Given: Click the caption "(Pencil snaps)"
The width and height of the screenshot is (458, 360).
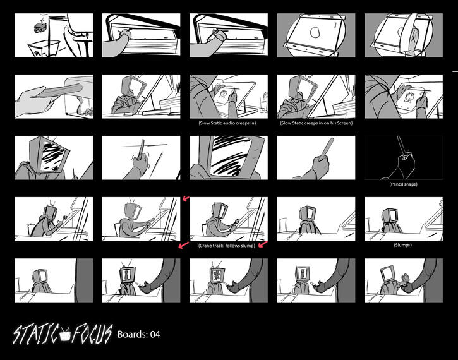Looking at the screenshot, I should point(403,184).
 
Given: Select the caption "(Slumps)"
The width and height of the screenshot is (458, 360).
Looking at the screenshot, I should point(403,245).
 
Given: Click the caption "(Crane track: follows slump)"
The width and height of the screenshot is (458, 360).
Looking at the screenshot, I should point(226,245).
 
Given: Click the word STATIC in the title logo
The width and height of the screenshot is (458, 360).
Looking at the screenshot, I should point(37,333).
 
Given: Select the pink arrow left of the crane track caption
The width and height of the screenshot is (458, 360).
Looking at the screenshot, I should point(183,244).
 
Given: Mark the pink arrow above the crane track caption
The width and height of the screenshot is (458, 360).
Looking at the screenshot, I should point(185,199).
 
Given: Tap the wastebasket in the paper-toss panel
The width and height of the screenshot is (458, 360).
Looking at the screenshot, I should point(43,49).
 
